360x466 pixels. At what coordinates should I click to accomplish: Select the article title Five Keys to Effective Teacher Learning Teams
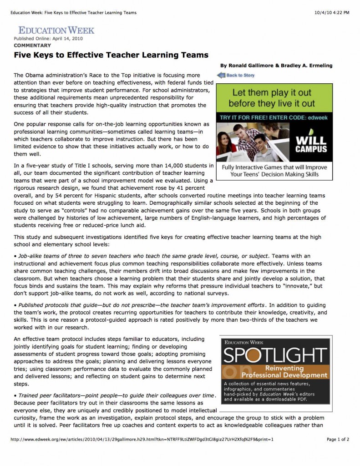tap(111, 55)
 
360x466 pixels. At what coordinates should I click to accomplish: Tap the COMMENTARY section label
tap(32, 46)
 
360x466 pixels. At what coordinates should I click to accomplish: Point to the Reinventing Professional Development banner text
tap(284, 372)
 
